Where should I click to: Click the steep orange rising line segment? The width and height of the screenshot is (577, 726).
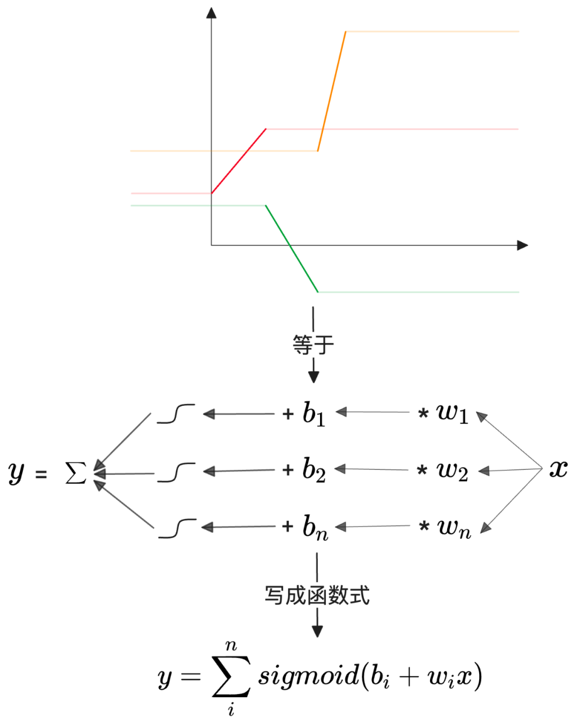click(x=332, y=91)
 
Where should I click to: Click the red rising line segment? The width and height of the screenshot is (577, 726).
click(x=239, y=161)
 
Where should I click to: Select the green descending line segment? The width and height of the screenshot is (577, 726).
click(x=292, y=249)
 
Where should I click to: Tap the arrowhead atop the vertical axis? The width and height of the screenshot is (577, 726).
click(x=212, y=13)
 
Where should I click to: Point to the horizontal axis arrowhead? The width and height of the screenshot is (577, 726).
click(x=523, y=245)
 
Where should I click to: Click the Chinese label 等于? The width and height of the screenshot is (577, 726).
click(x=313, y=345)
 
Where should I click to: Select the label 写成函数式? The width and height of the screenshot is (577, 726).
click(x=317, y=595)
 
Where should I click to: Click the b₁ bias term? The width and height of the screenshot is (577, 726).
click(x=314, y=414)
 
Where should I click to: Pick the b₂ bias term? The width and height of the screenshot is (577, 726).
click(x=314, y=470)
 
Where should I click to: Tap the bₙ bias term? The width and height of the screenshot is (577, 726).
click(x=315, y=527)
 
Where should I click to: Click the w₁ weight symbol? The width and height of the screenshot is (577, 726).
click(x=452, y=412)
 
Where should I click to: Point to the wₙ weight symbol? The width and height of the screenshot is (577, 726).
click(x=454, y=527)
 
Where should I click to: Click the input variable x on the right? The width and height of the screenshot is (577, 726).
click(x=558, y=469)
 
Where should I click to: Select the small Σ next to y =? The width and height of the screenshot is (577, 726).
click(x=75, y=473)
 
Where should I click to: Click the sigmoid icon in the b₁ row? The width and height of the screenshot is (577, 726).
click(x=176, y=414)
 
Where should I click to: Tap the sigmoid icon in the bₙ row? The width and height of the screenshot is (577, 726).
click(x=177, y=528)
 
